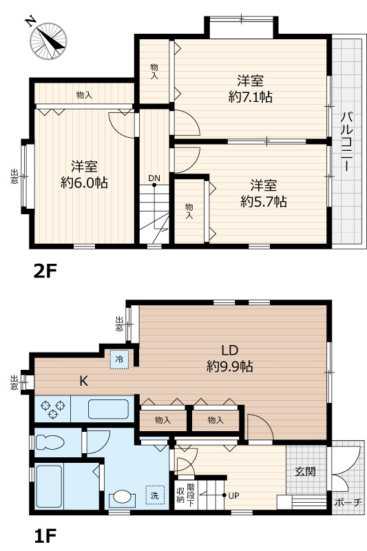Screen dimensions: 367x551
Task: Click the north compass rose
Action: (x=48, y=41)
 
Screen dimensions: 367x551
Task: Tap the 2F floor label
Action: (x=45, y=271)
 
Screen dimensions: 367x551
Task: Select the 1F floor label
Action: (x=45, y=536)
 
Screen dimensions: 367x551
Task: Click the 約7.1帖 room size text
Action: (x=251, y=96)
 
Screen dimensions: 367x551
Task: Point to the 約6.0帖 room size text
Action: (x=84, y=183)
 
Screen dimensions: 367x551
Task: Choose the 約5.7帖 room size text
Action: (x=264, y=202)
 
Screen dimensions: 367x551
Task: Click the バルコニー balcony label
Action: (x=346, y=141)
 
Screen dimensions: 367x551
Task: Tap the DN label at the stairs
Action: (x=154, y=178)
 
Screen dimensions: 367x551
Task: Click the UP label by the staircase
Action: (x=233, y=495)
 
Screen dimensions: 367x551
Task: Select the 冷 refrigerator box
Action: (x=120, y=360)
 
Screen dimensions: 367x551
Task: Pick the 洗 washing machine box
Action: (x=155, y=495)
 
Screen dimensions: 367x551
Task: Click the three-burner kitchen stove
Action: (x=53, y=409)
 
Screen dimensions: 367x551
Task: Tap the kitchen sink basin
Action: (x=108, y=409)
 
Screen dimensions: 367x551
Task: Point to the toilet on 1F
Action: (x=50, y=442)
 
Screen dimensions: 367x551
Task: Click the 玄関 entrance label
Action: (x=305, y=472)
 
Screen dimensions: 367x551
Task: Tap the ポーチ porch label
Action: (x=348, y=503)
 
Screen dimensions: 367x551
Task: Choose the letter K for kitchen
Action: (x=83, y=381)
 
